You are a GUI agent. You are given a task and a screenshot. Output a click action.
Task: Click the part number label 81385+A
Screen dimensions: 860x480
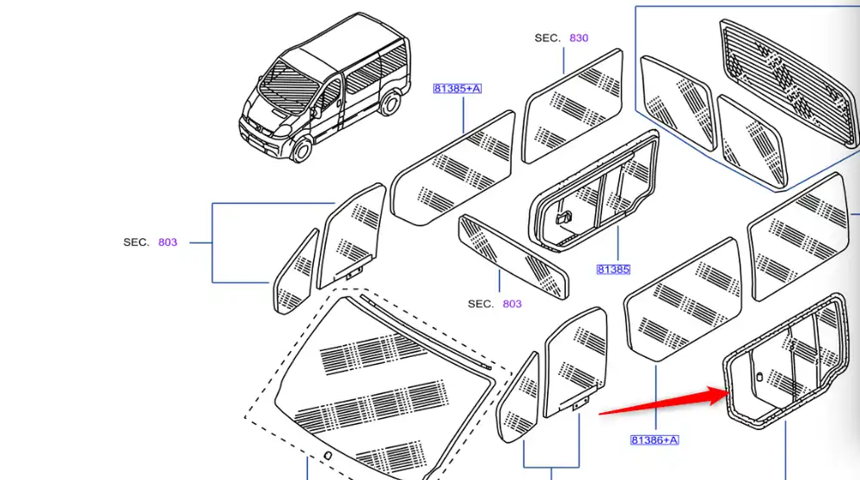(x=457, y=89)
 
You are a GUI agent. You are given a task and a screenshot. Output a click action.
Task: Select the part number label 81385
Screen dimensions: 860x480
(x=613, y=269)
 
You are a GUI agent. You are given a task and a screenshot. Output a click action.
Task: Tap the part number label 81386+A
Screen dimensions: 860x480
(x=654, y=440)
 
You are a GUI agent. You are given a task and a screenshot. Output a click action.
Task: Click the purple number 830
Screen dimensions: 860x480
(x=579, y=38)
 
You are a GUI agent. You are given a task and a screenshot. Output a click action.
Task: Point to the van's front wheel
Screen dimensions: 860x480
(x=300, y=148)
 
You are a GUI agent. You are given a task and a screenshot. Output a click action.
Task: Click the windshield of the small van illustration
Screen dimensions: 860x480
(x=288, y=86)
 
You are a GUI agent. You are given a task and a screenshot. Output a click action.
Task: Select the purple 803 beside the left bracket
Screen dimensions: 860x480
(x=168, y=243)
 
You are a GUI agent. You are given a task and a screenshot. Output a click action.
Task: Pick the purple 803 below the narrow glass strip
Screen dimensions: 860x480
(x=512, y=304)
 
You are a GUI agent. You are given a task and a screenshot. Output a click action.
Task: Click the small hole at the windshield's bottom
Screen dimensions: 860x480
(x=328, y=455)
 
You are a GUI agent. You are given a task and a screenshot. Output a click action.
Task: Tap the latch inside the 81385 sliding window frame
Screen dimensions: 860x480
(x=564, y=218)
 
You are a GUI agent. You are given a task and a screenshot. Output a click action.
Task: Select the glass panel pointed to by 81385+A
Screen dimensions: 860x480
(x=453, y=168)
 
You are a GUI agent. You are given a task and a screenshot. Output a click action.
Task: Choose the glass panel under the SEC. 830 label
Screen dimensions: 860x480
(x=573, y=106)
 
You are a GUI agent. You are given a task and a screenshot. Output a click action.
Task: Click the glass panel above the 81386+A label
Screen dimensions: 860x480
(x=684, y=299)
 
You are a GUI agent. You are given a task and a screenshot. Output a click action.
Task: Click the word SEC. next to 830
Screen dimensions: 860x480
(x=547, y=38)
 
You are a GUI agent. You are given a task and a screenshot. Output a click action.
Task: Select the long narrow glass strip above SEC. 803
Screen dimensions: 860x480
(x=513, y=256)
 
